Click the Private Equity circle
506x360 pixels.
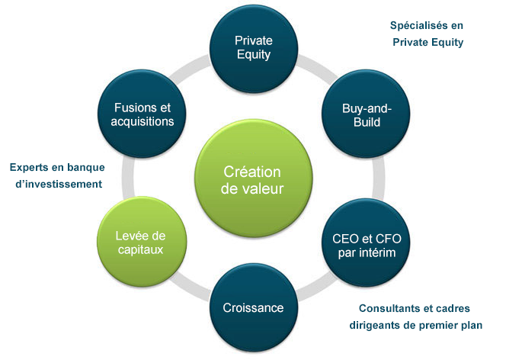coord(253,49)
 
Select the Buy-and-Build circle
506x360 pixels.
coord(366,114)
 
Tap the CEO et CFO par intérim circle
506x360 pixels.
coord(367,243)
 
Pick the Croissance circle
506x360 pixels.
coord(254,307)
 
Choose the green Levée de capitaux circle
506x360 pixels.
coord(142,242)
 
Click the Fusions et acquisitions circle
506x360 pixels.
coord(142,114)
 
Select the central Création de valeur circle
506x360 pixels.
coord(253,178)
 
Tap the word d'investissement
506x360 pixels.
coord(59,184)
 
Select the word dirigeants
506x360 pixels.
coord(375,325)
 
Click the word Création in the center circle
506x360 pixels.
coord(252,172)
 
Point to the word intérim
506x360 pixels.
coord(377,252)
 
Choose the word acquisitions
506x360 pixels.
coord(143,121)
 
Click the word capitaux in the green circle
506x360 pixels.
coord(141,249)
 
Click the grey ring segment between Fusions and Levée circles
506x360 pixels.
coord(127,177)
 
